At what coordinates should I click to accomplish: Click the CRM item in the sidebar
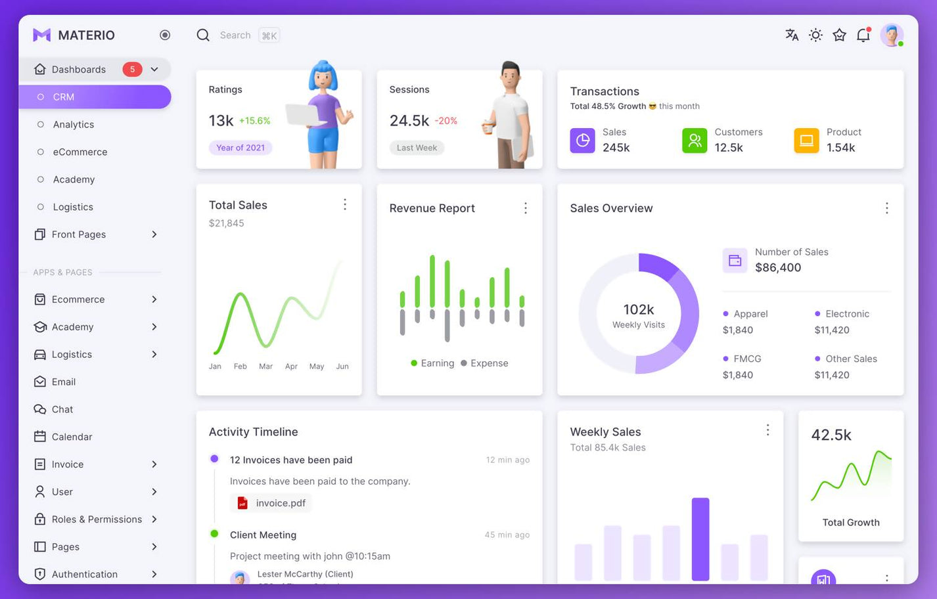(x=64, y=97)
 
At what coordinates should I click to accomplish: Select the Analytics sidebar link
(x=73, y=125)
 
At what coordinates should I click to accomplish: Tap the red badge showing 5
(x=132, y=70)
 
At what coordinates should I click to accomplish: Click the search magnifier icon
(x=203, y=35)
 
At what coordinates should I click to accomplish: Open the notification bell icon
(x=863, y=35)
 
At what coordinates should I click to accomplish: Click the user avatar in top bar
(x=891, y=35)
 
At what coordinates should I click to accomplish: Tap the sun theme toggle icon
(x=815, y=35)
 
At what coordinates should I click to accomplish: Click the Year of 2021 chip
(x=240, y=148)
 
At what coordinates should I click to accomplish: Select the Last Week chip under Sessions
(x=417, y=148)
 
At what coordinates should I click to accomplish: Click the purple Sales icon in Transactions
(x=582, y=141)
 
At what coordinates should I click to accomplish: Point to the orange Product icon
(x=806, y=141)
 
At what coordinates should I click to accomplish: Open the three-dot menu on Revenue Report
(x=525, y=208)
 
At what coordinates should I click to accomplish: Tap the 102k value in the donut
(x=638, y=309)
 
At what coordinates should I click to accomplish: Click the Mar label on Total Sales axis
(x=265, y=366)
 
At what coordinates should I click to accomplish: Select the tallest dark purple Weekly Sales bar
(x=700, y=539)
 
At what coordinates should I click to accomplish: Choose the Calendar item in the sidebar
(x=72, y=437)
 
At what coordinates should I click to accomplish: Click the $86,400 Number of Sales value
(x=778, y=267)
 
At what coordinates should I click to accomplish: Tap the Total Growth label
(x=851, y=523)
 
